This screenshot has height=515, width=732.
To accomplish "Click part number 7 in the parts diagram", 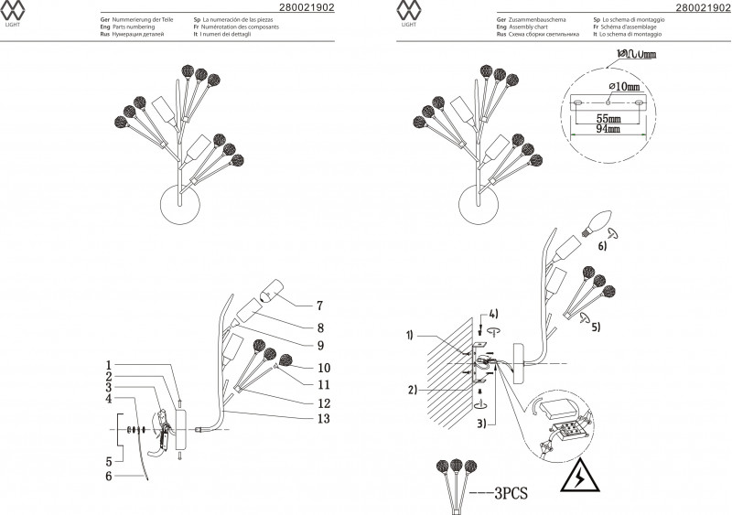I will pos(320,306).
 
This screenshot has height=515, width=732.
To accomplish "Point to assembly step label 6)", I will pos(602,246).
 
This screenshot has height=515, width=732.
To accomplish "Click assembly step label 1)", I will pos(413,336).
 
